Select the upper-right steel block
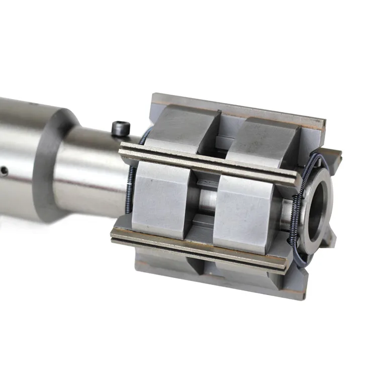pos(264,143)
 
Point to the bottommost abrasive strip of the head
pos(216,281)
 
